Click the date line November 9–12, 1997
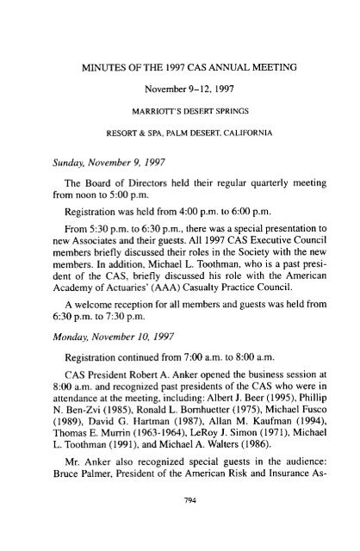pyautogui.click(x=180, y=65)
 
